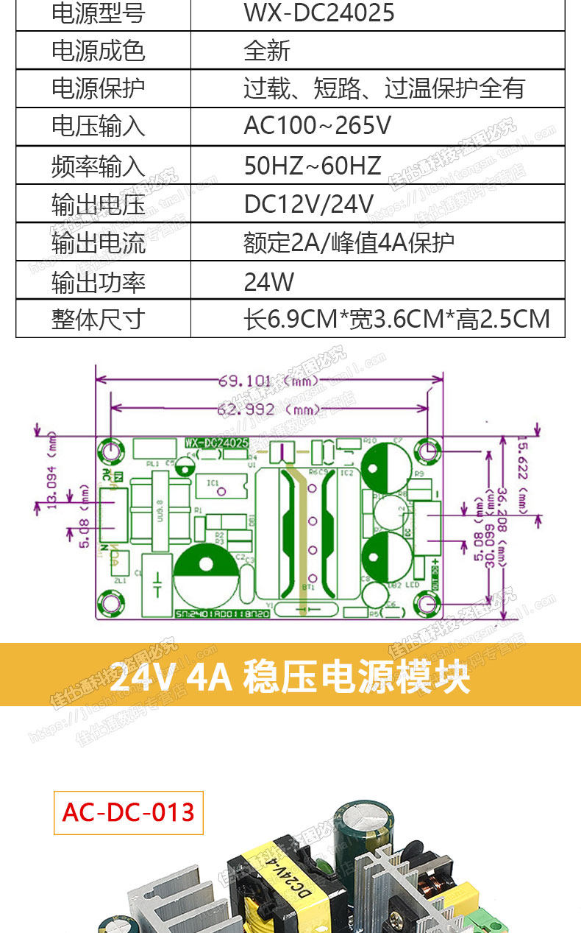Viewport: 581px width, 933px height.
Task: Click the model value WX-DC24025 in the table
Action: point(318,13)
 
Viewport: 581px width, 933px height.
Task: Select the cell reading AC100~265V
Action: point(317,126)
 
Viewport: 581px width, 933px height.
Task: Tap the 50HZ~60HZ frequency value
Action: point(312,165)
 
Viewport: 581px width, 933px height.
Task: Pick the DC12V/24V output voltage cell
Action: point(309,204)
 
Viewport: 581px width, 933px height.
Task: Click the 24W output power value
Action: point(268,281)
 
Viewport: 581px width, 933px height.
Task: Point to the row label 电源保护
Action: point(98,88)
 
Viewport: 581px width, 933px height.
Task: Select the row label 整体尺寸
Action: point(98,320)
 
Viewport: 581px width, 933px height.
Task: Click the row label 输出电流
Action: point(98,242)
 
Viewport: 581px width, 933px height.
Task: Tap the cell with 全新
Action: point(267,51)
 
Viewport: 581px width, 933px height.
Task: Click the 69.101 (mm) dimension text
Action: point(268,381)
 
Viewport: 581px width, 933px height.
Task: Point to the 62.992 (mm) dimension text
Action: point(268,409)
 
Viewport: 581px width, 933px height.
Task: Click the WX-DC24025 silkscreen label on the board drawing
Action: point(215,443)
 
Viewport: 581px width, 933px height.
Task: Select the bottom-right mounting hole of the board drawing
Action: point(427,605)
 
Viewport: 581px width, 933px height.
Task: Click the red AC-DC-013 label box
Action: point(129,812)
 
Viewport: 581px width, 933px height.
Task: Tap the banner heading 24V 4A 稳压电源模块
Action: point(290,676)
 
